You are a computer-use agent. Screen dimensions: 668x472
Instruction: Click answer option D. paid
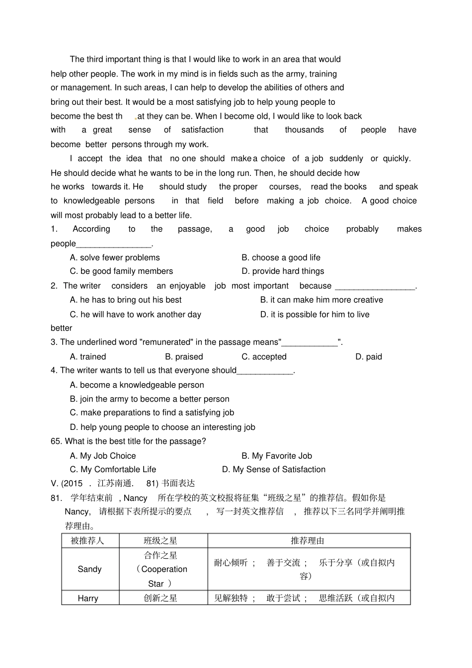369,357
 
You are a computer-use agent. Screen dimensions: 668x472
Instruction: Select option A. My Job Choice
103,456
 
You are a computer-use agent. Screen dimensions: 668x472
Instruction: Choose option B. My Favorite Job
277,456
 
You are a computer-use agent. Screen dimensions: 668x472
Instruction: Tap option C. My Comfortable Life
113,470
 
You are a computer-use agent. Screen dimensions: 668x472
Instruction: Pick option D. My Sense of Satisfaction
274,470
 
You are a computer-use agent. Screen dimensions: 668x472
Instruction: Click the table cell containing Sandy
90,570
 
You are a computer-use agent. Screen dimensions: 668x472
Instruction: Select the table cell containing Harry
88,598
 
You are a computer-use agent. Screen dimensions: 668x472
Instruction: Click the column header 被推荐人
88,541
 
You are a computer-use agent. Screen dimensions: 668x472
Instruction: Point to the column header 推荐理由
308,541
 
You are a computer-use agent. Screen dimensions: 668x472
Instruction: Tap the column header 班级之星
160,541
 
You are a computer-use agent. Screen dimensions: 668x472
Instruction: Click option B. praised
184,357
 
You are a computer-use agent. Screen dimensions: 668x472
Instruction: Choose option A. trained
88,357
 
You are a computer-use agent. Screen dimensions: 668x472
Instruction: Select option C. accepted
264,357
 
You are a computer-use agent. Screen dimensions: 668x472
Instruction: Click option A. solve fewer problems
115,258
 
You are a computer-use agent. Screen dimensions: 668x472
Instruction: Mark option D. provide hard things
283,271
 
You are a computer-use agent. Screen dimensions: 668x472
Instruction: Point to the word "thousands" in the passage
304,130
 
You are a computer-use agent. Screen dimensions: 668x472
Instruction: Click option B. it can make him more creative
321,300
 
